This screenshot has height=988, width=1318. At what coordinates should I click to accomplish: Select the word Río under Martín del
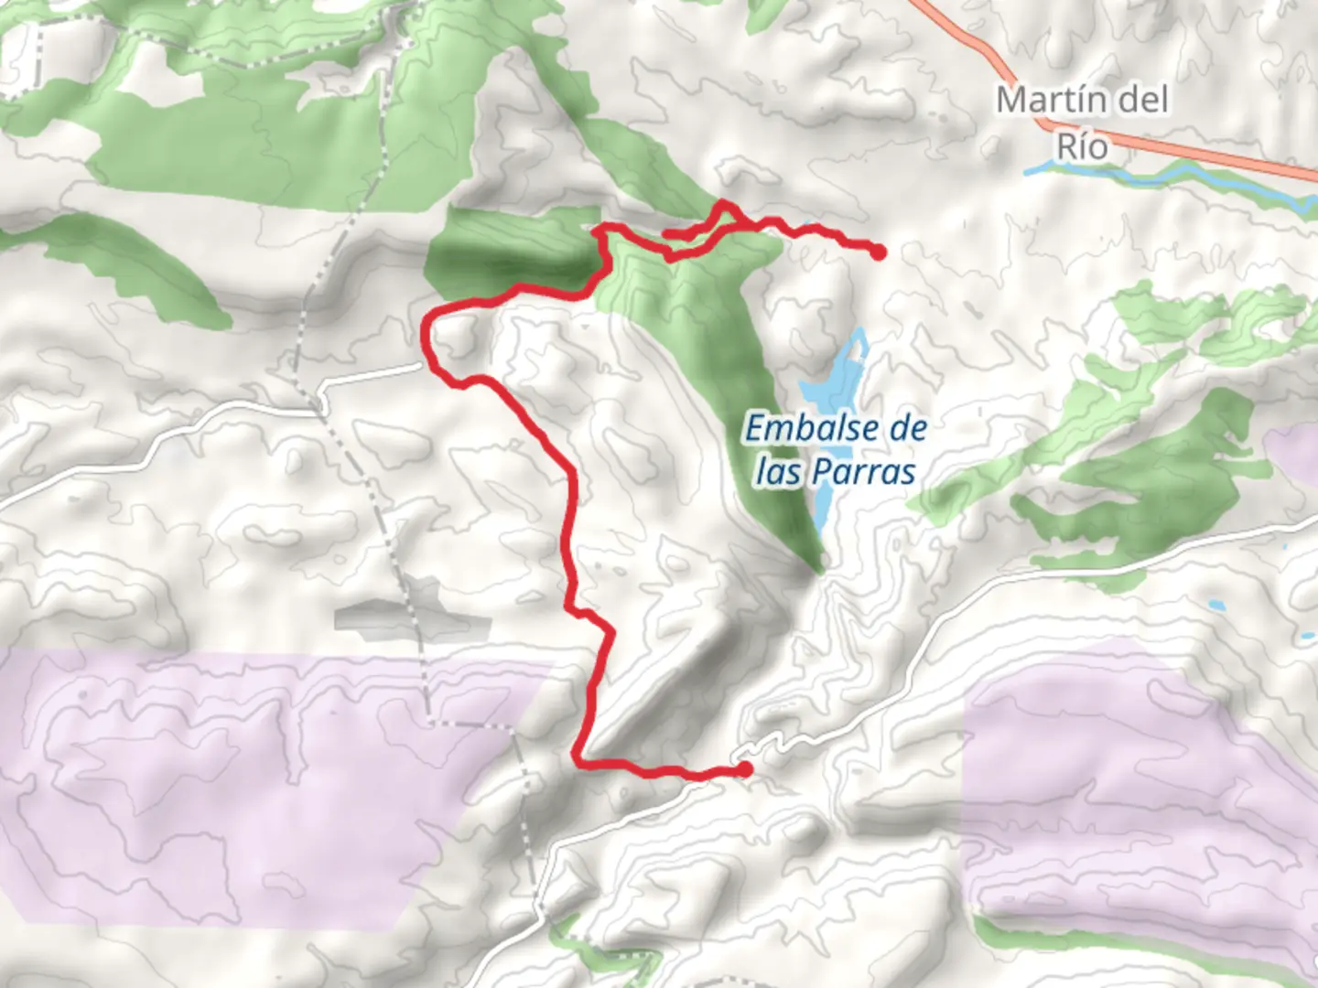(x=1082, y=145)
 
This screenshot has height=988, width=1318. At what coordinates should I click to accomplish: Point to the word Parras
(x=863, y=472)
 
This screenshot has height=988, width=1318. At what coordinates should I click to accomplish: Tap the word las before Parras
(x=779, y=472)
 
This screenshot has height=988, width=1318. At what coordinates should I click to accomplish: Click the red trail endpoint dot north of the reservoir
(x=879, y=252)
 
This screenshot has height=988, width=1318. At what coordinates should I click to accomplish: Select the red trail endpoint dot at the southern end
(x=745, y=769)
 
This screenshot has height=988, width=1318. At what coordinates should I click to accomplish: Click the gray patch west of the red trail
(x=412, y=618)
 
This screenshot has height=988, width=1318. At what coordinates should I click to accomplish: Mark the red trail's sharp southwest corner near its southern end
(x=578, y=757)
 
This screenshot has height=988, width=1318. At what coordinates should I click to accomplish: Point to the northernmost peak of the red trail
(x=724, y=204)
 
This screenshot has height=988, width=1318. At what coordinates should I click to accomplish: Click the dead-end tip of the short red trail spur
(x=665, y=235)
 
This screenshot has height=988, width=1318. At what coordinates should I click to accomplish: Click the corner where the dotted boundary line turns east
(x=430, y=723)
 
